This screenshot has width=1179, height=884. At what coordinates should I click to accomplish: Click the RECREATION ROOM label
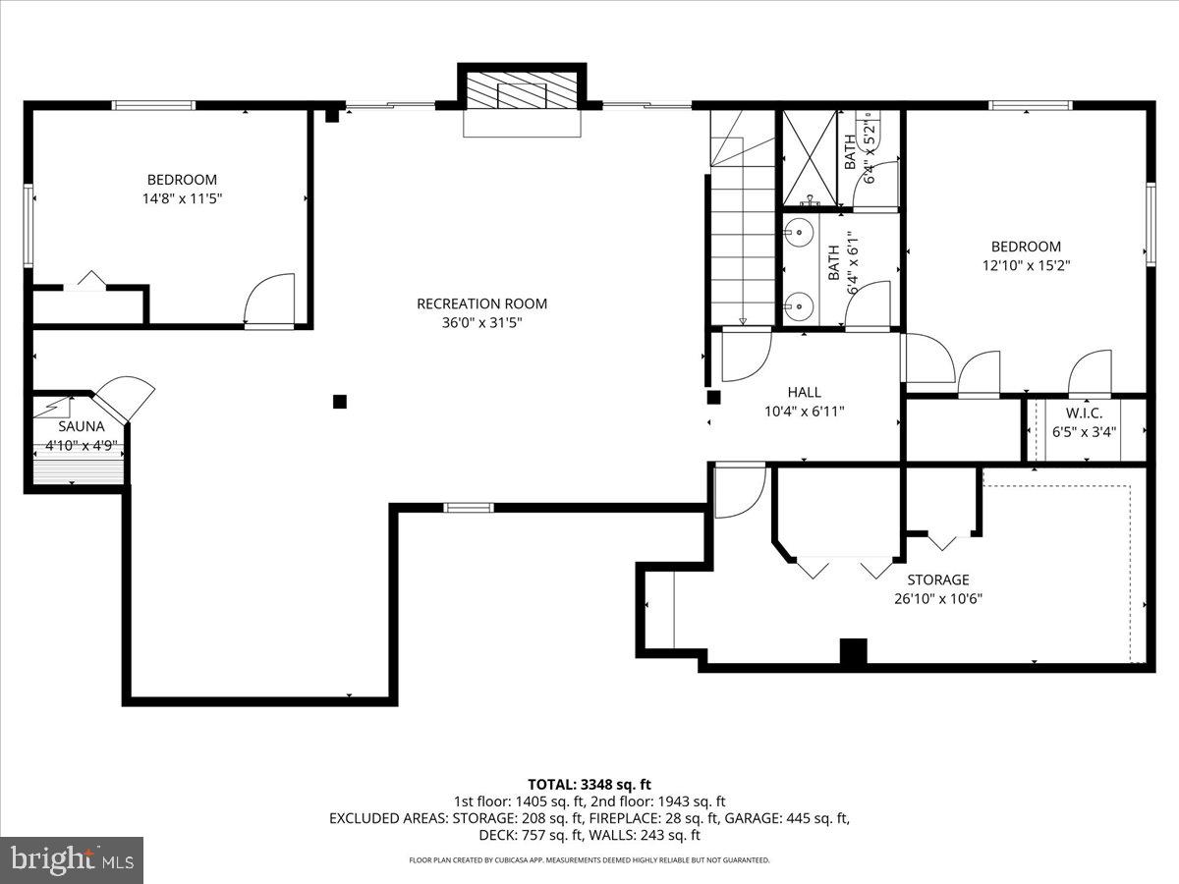click(x=481, y=304)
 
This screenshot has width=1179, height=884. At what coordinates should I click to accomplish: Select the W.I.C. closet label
click(x=1084, y=413)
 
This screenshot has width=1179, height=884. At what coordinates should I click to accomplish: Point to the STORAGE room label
click(x=937, y=580)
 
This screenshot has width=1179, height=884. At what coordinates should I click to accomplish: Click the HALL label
click(x=804, y=392)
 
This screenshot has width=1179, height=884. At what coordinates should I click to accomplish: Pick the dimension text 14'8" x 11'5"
click(x=182, y=198)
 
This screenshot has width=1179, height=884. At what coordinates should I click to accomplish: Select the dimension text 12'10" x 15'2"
click(x=1025, y=265)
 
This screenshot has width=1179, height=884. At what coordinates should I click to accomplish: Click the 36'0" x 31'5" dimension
click(x=481, y=322)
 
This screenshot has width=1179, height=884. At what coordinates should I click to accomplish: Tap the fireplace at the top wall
click(x=521, y=96)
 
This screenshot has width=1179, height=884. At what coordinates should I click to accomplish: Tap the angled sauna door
click(x=126, y=399)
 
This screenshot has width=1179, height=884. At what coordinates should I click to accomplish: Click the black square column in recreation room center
click(x=340, y=401)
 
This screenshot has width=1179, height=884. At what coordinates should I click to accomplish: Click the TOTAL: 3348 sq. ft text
click(x=589, y=784)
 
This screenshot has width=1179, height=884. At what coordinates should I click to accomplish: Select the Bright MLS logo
click(x=72, y=859)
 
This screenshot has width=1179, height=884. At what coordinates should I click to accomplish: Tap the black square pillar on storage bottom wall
click(x=854, y=652)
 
